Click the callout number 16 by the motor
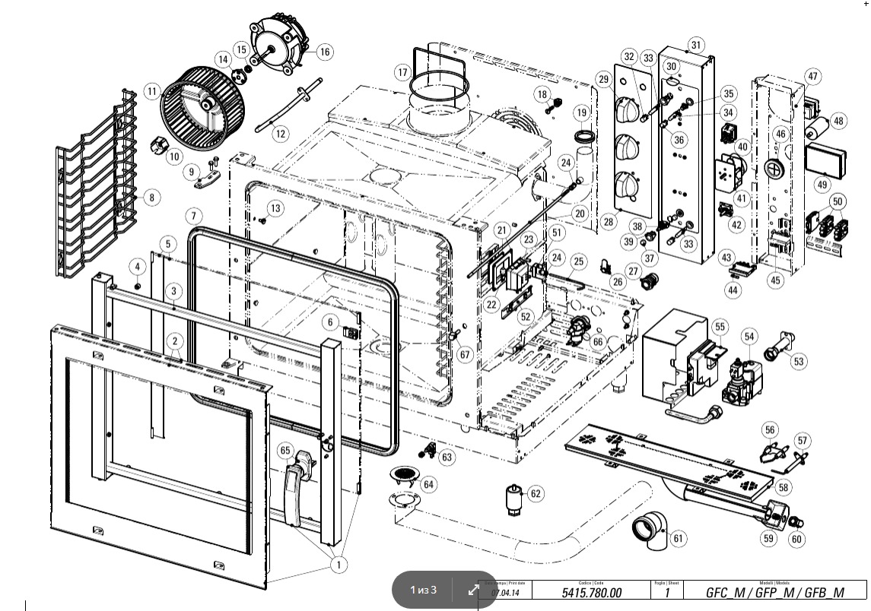point(325,52)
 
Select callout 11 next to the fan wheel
point(151,92)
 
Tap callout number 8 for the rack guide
point(151,198)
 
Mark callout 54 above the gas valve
point(750,336)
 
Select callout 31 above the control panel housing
point(696,43)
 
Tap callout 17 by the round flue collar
point(402,72)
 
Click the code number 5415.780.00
point(591,593)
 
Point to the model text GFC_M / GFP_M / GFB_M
point(774,593)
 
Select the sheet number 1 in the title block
point(666,593)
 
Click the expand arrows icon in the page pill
point(473,589)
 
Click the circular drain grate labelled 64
point(405,476)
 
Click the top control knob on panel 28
point(631,112)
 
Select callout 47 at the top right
point(813,76)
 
